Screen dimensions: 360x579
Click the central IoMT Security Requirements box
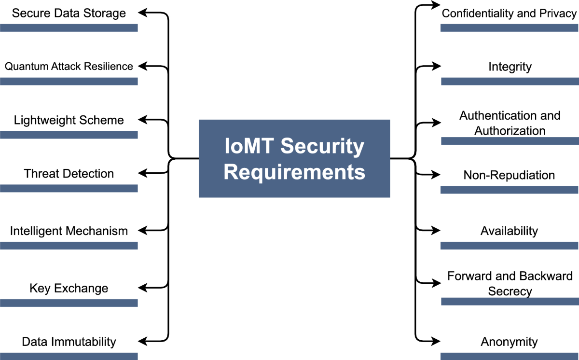click(x=294, y=159)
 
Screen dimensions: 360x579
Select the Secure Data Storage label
click(x=69, y=13)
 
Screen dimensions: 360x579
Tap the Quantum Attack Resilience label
click(x=69, y=66)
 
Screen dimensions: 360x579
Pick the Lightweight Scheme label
click(x=69, y=120)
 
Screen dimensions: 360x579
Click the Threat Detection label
click(x=69, y=173)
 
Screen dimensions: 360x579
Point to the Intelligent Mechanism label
click(x=69, y=231)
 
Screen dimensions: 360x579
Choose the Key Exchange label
click(x=69, y=289)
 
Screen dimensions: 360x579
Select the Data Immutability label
click(x=69, y=342)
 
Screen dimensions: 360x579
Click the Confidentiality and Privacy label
click(x=509, y=13)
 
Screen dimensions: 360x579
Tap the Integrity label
click(x=510, y=66)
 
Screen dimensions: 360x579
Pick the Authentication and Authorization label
click(x=510, y=123)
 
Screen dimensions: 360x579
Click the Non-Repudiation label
click(x=509, y=175)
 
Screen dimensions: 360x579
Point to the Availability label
click(x=509, y=231)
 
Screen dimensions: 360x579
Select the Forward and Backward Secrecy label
click(x=510, y=283)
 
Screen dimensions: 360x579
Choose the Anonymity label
click(x=509, y=342)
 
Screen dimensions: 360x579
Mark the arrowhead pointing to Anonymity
click(x=436, y=341)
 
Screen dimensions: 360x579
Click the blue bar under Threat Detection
click(x=69, y=188)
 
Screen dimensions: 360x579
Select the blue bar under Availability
click(x=510, y=246)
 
